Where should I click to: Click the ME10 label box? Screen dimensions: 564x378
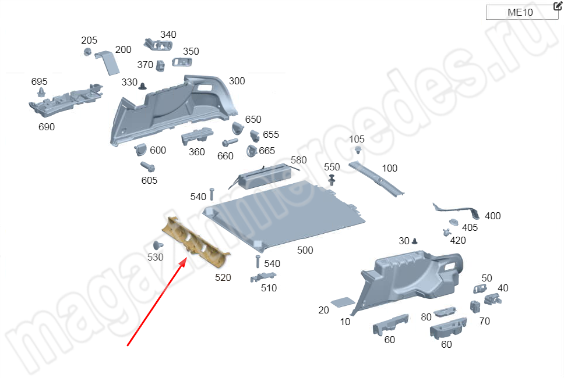pyautogui.click(x=521, y=12)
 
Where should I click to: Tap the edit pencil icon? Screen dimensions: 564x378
pyautogui.click(x=558, y=5)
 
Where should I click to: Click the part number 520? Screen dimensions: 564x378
pyautogui.click(x=223, y=277)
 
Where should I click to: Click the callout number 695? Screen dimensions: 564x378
pyautogui.click(x=39, y=81)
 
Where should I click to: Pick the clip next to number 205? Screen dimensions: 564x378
pyautogui.click(x=87, y=52)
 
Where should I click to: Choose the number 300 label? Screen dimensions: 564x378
pyautogui.click(x=237, y=81)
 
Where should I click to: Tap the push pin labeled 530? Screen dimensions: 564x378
pyautogui.click(x=157, y=245)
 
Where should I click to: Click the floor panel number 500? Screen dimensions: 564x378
pyautogui.click(x=305, y=250)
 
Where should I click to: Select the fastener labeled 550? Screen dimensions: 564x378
pyautogui.click(x=332, y=180)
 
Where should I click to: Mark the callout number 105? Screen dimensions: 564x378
pyautogui.click(x=357, y=139)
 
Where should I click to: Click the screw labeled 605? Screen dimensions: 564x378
pyautogui.click(x=147, y=167)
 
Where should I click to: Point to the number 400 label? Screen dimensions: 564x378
pyautogui.click(x=493, y=216)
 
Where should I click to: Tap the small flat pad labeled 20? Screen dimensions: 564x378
pyautogui.click(x=343, y=302)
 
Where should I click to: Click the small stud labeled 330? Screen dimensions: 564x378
pyautogui.click(x=143, y=86)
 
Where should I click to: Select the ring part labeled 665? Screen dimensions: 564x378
pyautogui.click(x=251, y=151)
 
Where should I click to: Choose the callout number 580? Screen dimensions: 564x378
pyautogui.click(x=298, y=160)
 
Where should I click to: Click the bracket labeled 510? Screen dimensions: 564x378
pyautogui.click(x=263, y=277)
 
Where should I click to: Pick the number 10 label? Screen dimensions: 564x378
pyautogui.click(x=345, y=322)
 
